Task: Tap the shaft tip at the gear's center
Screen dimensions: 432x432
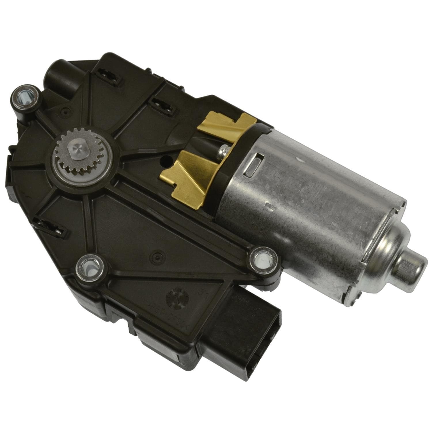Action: [x=75, y=147]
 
